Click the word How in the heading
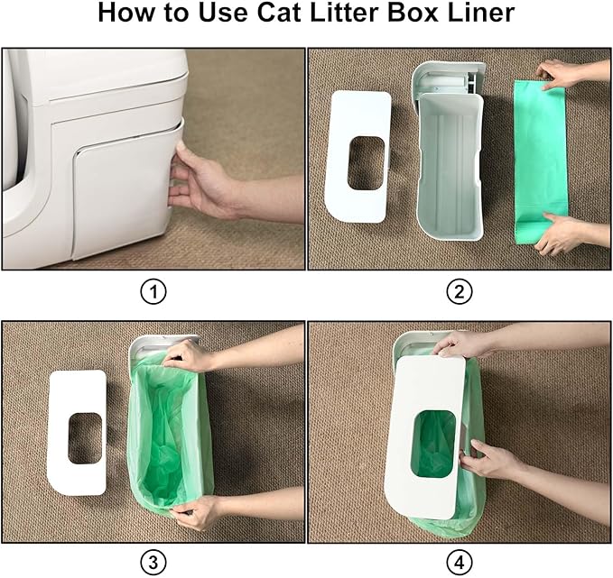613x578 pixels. pos(126,14)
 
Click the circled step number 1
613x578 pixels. pos(154,291)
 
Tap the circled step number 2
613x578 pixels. pos(460,291)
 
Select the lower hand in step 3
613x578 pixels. pos(197,511)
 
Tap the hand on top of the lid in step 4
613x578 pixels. pos(461,344)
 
